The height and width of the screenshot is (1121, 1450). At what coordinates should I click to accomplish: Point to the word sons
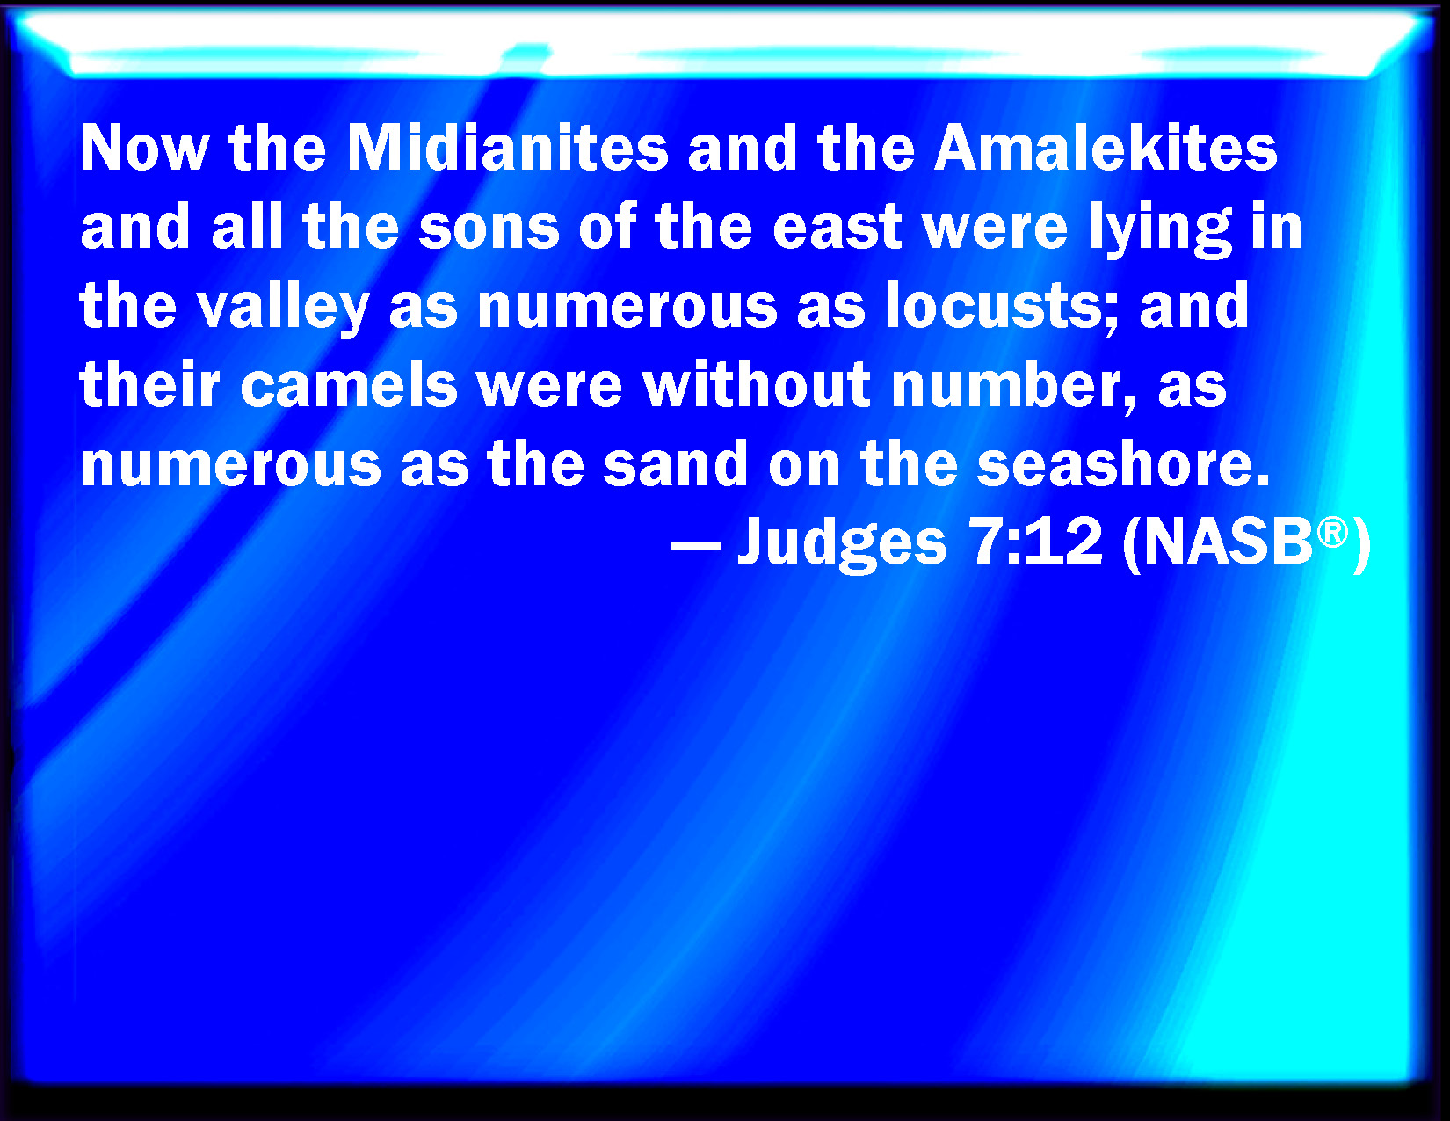click(x=489, y=228)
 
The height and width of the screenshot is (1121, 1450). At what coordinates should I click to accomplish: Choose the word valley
click(x=283, y=307)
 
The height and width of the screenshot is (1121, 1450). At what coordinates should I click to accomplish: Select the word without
click(x=756, y=384)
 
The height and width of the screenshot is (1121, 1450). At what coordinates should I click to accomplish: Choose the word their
click(x=149, y=384)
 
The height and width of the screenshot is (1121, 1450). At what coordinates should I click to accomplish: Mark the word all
click(x=247, y=226)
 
